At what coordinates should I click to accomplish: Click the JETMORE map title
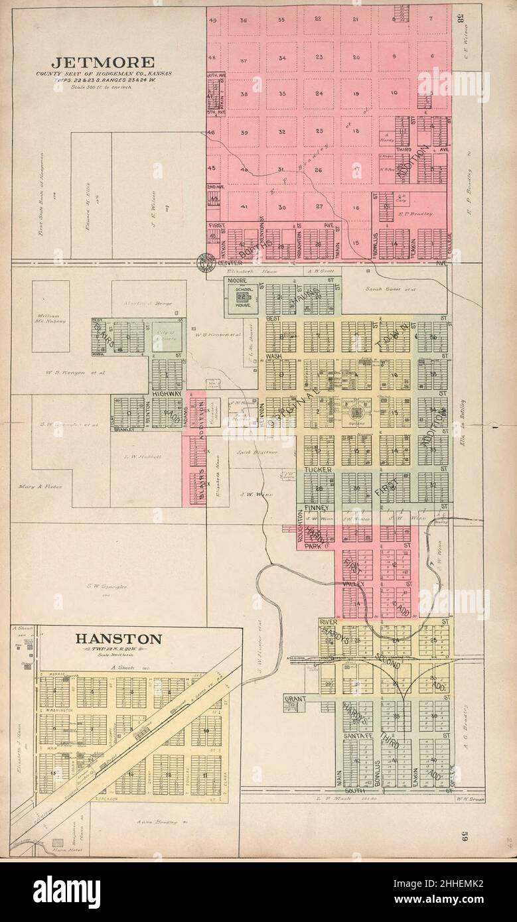[x=103, y=62]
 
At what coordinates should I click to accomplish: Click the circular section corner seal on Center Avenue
[x=202, y=264]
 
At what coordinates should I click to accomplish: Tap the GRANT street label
[x=294, y=698]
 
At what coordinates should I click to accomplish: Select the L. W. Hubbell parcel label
[x=139, y=456]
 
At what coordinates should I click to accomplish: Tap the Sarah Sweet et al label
[x=388, y=289]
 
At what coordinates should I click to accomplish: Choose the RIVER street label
[x=329, y=622]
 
